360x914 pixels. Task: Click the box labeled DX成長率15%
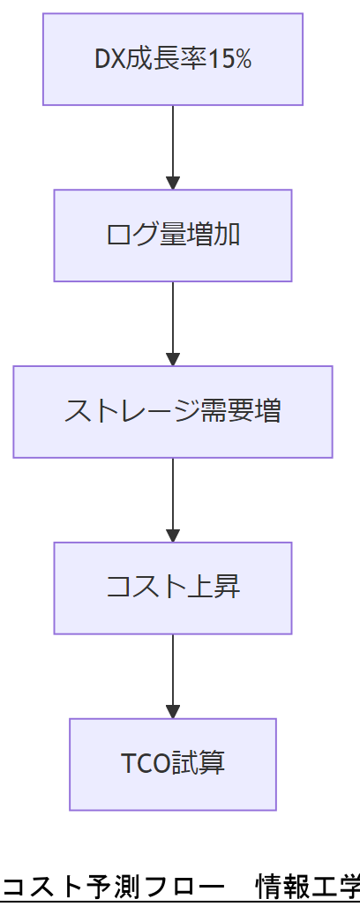tap(173, 59)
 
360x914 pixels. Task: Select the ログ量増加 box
tap(173, 236)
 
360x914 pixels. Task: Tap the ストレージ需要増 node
tap(173, 412)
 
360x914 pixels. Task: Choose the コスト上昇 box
tap(173, 588)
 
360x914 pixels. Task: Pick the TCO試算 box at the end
tap(173, 764)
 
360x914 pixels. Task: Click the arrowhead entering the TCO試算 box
tap(173, 712)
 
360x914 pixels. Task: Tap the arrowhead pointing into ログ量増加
tap(173, 183)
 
